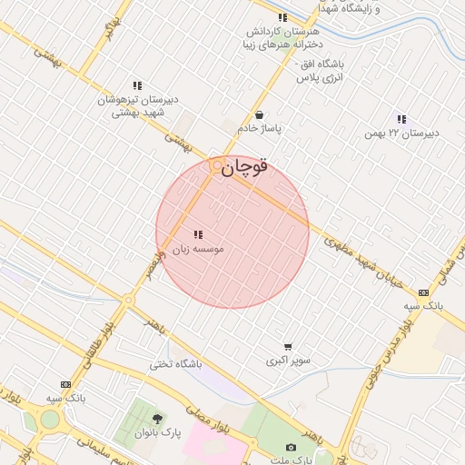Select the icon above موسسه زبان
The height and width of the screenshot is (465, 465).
click(x=198, y=234)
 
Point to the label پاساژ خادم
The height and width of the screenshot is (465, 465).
click(x=260, y=128)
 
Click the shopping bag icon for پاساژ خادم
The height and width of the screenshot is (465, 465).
click(x=260, y=115)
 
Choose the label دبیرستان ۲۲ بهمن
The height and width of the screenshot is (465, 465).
click(x=401, y=133)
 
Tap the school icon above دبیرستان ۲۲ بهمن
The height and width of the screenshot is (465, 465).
click(x=401, y=119)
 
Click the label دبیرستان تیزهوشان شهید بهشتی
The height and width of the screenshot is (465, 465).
click(x=138, y=105)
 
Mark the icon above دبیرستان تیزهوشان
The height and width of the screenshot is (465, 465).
click(x=137, y=85)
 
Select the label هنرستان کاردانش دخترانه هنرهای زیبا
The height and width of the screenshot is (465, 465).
click(x=283, y=37)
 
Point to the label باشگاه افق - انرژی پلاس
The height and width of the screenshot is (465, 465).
click(x=318, y=72)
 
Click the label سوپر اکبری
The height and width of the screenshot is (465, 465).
click(x=288, y=361)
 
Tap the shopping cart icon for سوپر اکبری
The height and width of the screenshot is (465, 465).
click(x=288, y=347)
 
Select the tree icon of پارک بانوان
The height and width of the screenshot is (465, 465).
click(x=158, y=420)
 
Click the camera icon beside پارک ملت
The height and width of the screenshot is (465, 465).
click(x=291, y=447)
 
